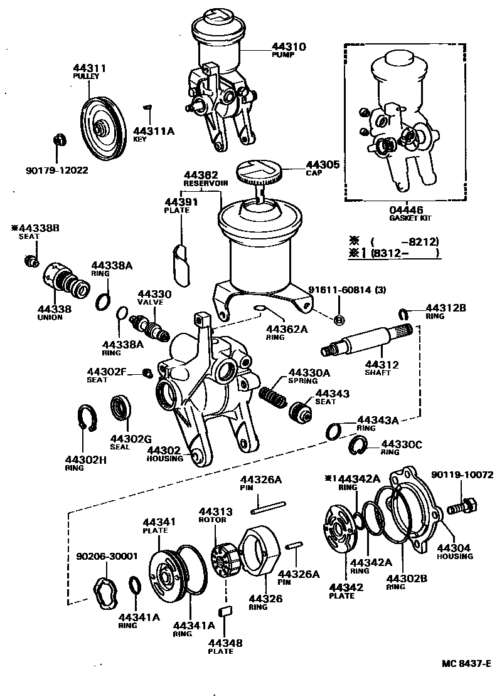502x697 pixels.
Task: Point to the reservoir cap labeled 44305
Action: click(x=260, y=171)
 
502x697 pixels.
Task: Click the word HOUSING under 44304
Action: click(x=456, y=556)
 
